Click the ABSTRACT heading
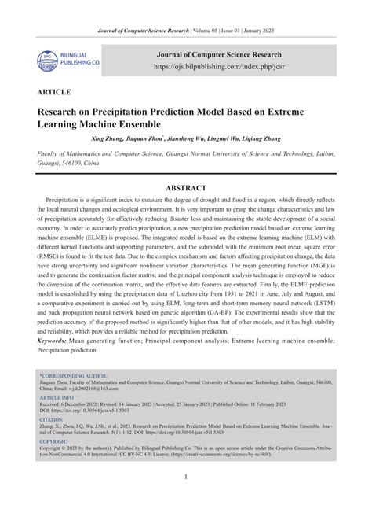click(x=185, y=188)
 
